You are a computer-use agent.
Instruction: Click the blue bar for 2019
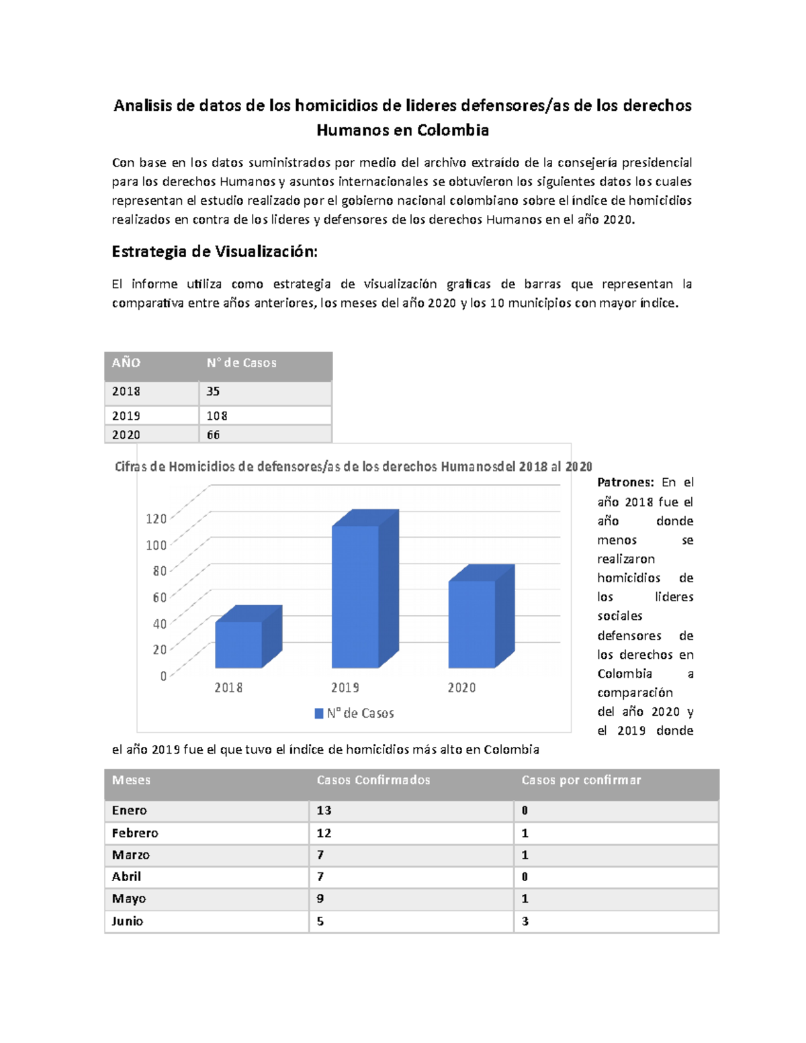(355, 596)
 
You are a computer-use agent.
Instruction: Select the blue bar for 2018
(238, 644)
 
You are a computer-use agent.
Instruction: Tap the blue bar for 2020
(472, 624)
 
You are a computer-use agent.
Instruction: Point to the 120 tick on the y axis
(156, 518)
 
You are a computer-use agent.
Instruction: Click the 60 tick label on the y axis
(159, 597)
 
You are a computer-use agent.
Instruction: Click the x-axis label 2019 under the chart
(345, 688)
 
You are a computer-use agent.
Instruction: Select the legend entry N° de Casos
(355, 713)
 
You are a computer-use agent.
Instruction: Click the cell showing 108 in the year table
(217, 416)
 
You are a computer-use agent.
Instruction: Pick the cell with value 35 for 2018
(213, 391)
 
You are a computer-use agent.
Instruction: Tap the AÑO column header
(126, 363)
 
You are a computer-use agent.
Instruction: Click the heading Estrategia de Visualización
(214, 252)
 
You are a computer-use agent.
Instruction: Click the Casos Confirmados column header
(373, 780)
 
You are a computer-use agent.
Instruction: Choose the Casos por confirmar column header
(581, 780)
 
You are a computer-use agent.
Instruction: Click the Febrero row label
(135, 833)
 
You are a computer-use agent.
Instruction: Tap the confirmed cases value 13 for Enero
(324, 810)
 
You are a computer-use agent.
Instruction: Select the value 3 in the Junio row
(525, 921)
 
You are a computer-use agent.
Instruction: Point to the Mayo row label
(129, 899)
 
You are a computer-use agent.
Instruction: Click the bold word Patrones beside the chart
(625, 482)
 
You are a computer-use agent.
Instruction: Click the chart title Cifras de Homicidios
(353, 467)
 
